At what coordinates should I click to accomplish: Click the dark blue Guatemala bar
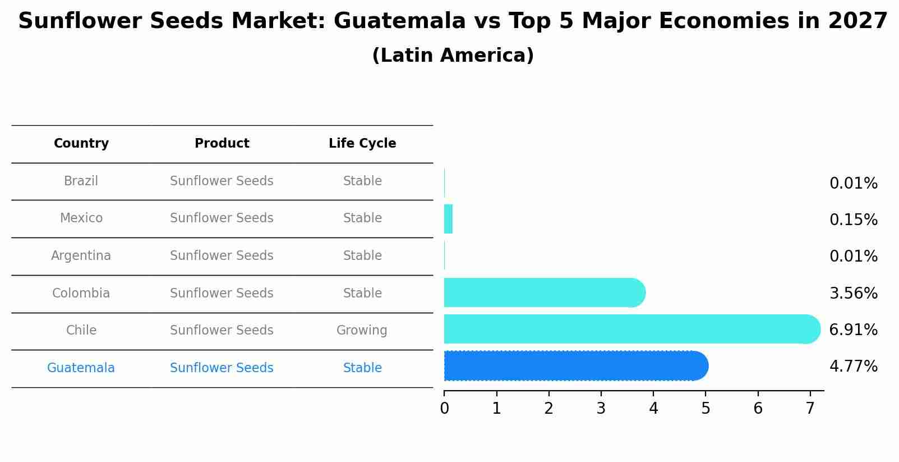click(575, 366)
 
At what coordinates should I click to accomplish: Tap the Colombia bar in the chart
click(544, 292)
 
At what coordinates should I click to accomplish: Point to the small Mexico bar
click(448, 219)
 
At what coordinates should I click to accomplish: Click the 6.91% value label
click(853, 330)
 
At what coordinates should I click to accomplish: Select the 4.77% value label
click(853, 367)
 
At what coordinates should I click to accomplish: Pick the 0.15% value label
click(853, 220)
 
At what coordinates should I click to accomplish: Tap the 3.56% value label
click(853, 294)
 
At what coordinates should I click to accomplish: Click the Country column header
click(81, 144)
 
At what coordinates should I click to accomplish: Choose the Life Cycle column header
click(362, 144)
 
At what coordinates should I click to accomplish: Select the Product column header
click(222, 144)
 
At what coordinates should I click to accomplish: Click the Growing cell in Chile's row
click(362, 331)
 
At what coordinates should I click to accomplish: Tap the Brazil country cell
click(81, 181)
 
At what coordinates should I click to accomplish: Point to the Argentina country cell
click(81, 256)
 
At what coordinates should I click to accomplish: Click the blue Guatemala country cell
click(81, 368)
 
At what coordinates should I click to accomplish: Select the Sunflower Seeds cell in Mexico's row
click(222, 218)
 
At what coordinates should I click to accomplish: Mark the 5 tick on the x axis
click(706, 409)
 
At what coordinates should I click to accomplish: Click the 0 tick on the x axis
click(444, 409)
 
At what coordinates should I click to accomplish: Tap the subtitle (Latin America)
click(453, 56)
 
